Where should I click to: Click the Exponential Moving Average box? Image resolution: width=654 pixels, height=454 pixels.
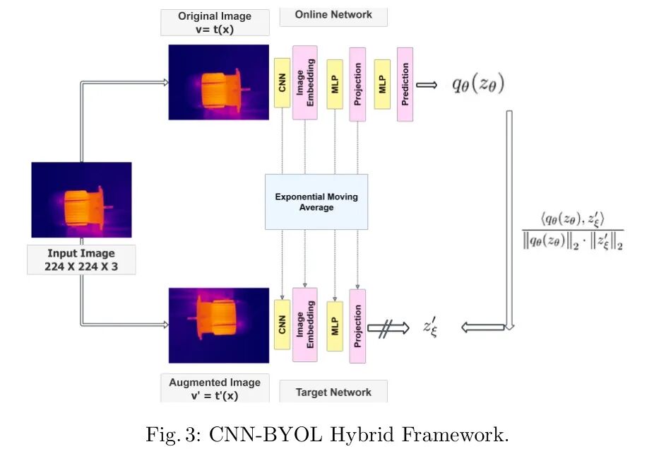click(x=316, y=202)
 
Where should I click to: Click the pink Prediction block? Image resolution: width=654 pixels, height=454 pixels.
click(x=405, y=84)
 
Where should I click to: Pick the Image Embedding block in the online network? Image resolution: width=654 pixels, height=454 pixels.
click(x=304, y=82)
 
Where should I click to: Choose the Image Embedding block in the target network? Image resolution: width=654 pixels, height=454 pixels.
click(x=304, y=325)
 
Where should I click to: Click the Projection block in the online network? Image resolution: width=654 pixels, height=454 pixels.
click(x=357, y=84)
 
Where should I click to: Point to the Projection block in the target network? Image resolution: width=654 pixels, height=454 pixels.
click(x=357, y=326)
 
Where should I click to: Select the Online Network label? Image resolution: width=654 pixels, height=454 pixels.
click(x=333, y=15)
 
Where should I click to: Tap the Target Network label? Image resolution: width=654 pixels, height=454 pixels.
click(x=333, y=392)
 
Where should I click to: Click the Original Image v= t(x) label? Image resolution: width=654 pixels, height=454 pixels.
click(x=215, y=22)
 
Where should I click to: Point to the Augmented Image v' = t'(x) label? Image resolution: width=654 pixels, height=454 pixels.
click(x=215, y=388)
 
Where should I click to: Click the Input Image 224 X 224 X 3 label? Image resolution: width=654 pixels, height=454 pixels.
click(x=81, y=260)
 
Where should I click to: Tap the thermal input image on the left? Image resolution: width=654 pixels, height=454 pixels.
click(x=81, y=199)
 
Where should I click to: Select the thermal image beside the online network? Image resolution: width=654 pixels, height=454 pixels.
click(x=218, y=82)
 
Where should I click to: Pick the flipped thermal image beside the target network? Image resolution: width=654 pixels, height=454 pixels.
click(x=218, y=325)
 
